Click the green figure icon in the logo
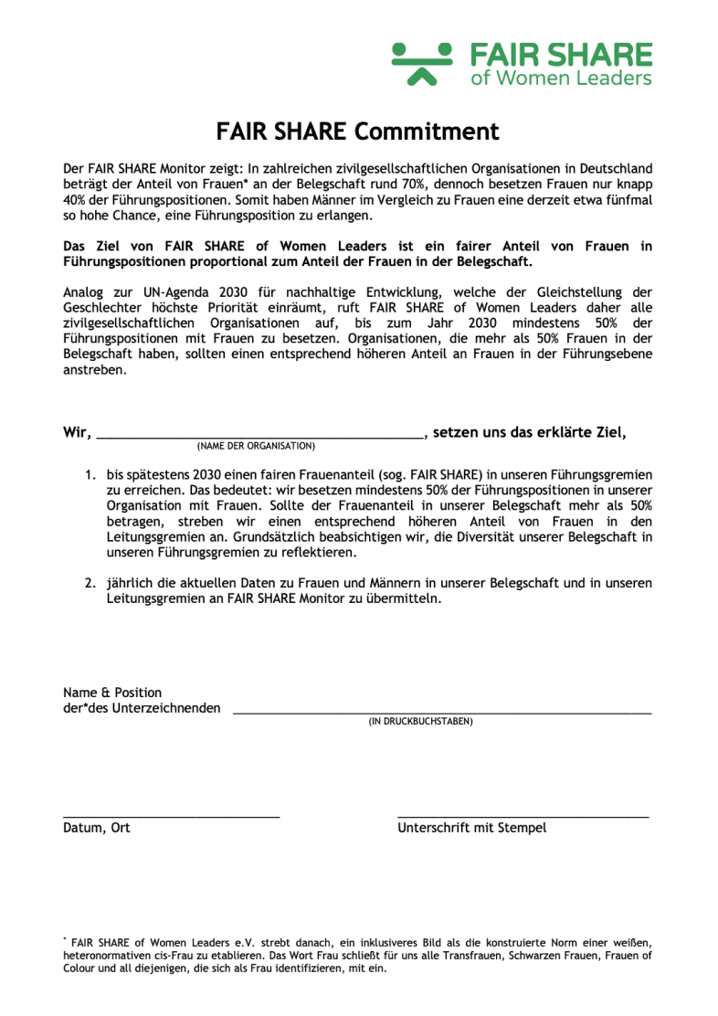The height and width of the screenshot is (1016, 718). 422,62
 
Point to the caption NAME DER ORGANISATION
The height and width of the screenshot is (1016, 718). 256,447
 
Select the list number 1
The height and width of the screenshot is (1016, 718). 90,476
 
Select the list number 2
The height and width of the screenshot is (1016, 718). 90,583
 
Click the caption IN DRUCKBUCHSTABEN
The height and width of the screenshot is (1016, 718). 420,722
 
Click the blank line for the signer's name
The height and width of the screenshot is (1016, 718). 442,711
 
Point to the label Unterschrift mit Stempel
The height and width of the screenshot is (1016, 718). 471,829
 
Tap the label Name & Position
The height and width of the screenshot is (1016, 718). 112,693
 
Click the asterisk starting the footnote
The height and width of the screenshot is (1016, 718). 65,939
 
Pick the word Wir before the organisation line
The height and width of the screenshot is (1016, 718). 77,433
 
